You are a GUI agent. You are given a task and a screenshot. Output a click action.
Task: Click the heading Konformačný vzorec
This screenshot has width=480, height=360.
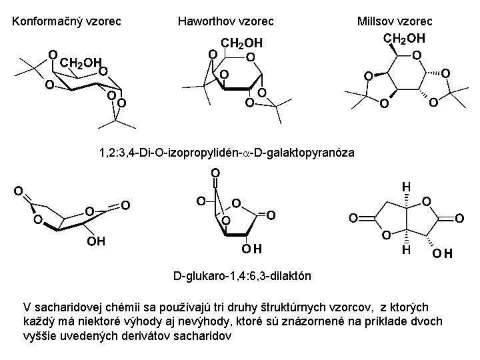[67, 22]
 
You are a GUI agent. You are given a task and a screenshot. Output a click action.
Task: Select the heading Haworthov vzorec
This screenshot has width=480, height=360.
[226, 22]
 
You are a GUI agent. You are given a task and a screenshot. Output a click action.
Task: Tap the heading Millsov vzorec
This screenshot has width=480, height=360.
[395, 22]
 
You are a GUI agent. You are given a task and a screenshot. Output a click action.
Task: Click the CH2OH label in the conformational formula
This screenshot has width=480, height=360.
[79, 64]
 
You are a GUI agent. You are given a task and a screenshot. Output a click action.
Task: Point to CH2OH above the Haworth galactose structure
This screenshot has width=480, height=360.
[242, 43]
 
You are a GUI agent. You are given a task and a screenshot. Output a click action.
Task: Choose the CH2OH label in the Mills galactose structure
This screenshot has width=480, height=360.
[404, 37]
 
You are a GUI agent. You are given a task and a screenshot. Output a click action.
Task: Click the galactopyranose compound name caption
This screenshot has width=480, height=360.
[227, 153]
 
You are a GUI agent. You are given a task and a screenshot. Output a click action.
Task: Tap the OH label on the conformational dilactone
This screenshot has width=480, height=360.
[97, 239]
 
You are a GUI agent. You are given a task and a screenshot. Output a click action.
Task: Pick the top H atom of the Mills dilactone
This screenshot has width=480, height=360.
[406, 188]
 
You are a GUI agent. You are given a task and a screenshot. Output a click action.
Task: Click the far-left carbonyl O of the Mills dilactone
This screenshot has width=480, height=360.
[354, 218]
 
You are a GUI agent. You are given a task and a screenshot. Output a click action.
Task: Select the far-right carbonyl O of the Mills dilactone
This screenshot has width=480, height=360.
[459, 218]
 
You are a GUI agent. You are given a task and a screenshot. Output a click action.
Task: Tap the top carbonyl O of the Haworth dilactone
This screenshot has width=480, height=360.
[216, 173]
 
